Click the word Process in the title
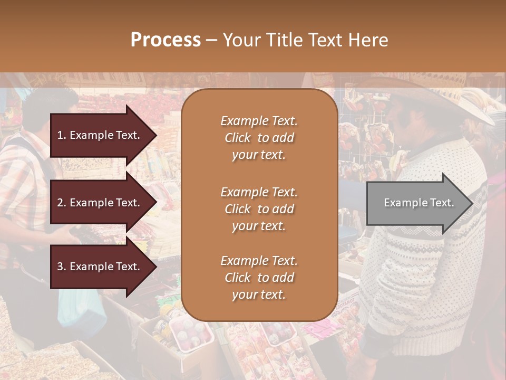(x=166, y=40)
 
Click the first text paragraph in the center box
(x=259, y=138)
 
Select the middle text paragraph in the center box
(x=259, y=209)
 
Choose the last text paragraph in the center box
(x=259, y=278)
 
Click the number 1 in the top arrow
(x=60, y=135)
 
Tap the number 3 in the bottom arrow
(x=60, y=267)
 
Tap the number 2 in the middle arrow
(x=60, y=203)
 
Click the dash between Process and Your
(x=211, y=40)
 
